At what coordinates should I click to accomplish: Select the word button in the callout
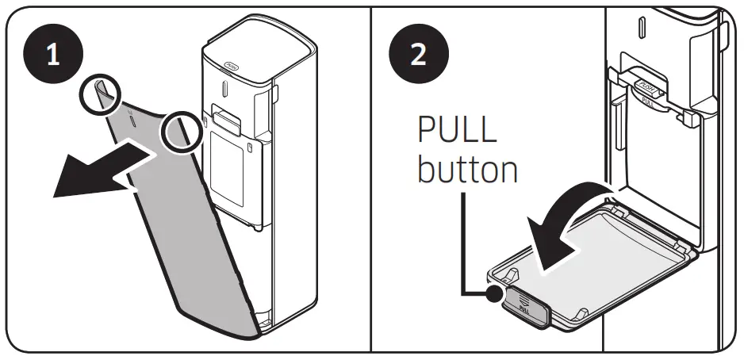pos(468,170)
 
